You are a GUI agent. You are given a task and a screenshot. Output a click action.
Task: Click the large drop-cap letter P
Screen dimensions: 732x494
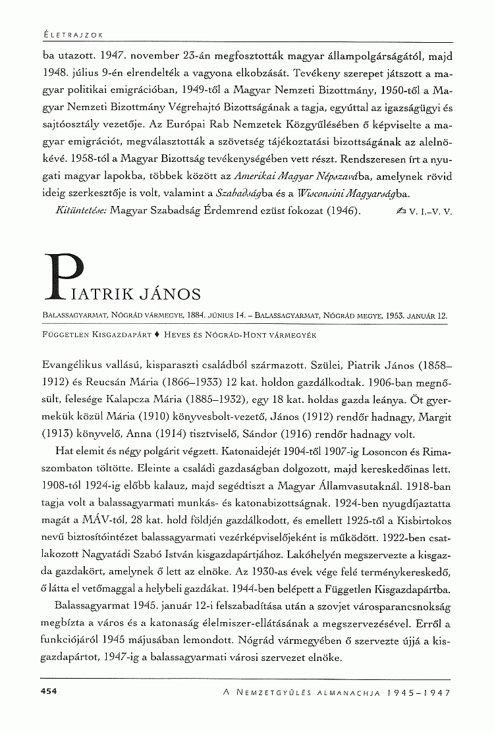point(66,275)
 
